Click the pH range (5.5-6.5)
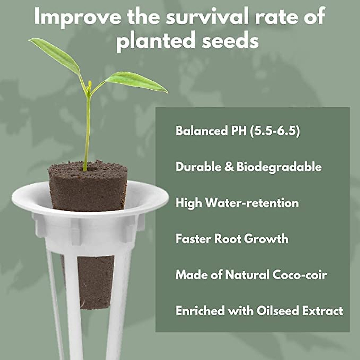click(275, 131)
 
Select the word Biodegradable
click(279, 167)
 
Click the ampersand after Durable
click(229, 167)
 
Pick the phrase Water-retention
click(252, 203)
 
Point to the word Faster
click(193, 239)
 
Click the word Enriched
click(199, 311)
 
